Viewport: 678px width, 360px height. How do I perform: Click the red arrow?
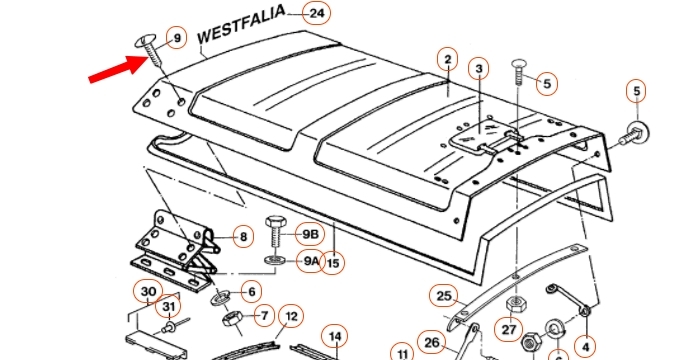click(118, 68)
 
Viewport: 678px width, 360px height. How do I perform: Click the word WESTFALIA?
click(241, 24)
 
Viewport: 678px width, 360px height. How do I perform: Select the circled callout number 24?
click(317, 13)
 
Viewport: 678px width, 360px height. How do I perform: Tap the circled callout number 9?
click(177, 38)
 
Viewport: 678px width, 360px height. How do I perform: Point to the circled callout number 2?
click(448, 60)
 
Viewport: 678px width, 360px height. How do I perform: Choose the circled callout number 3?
click(479, 69)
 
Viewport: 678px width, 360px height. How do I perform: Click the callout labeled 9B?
click(310, 234)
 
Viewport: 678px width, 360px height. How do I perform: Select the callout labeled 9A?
click(310, 261)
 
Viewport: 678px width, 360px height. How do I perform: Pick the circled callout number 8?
click(243, 237)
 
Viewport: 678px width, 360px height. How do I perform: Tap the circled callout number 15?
click(333, 263)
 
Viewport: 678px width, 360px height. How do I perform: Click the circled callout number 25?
click(444, 296)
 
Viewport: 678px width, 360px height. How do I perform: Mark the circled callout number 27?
click(508, 330)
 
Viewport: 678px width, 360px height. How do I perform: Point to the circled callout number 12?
click(291, 317)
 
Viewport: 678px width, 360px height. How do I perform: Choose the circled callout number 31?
click(169, 306)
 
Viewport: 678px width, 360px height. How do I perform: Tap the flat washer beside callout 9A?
click(275, 261)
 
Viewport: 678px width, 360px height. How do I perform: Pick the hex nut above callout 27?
click(516, 304)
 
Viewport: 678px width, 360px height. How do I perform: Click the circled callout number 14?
click(335, 337)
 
